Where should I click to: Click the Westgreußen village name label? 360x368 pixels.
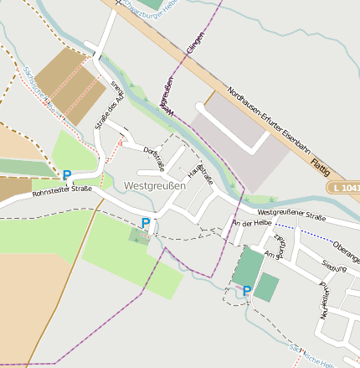154,185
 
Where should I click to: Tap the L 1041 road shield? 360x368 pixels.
343,188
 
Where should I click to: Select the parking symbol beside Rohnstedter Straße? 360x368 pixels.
67,175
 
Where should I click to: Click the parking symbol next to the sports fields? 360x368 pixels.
247,291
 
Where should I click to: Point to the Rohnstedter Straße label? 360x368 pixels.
61,193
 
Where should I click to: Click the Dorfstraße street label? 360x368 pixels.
155,157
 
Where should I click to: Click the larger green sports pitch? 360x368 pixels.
247,267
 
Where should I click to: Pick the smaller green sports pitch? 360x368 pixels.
267,287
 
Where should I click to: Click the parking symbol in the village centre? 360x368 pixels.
146,223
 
